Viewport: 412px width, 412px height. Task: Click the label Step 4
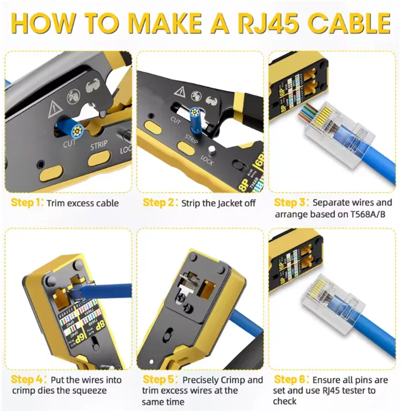pos(27,380)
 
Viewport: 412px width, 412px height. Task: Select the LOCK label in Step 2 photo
pos(207,162)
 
